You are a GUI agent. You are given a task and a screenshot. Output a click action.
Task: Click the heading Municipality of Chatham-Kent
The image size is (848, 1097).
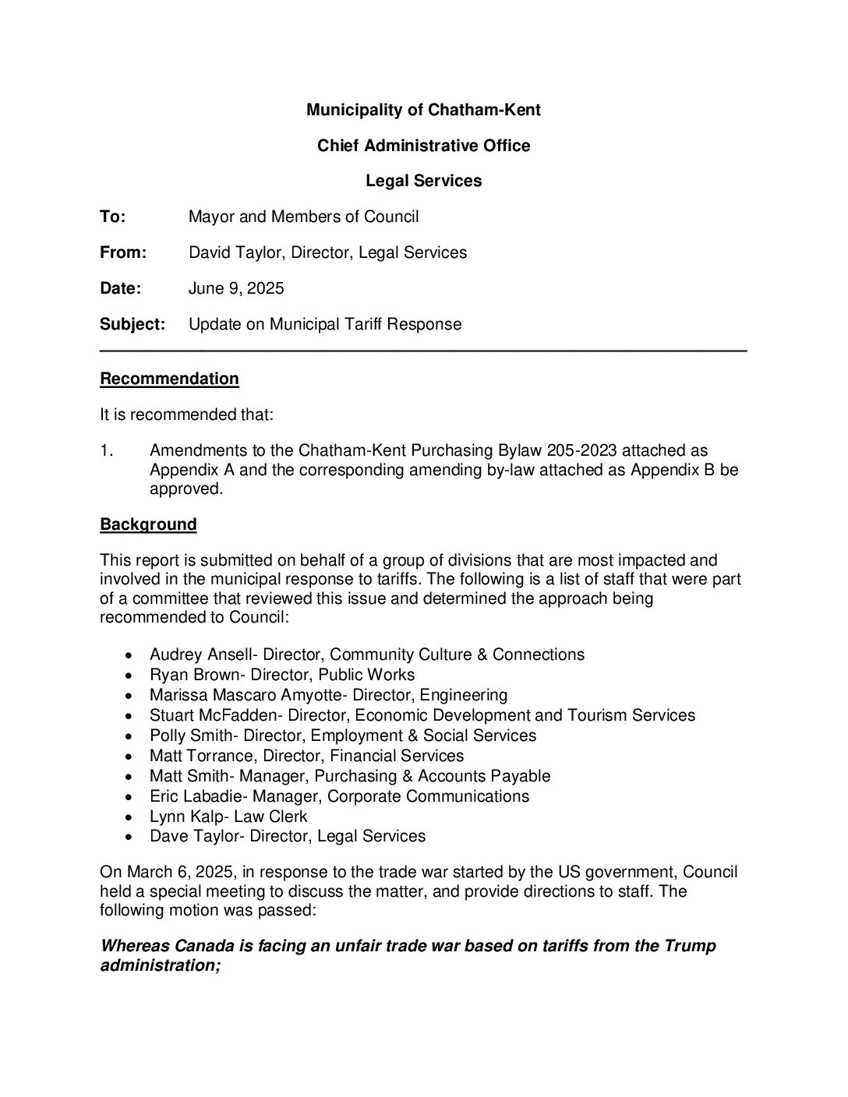[423, 110]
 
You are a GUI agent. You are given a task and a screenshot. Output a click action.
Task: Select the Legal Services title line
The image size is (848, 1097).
[423, 181]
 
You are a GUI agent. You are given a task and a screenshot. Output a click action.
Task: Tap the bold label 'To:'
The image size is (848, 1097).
[112, 217]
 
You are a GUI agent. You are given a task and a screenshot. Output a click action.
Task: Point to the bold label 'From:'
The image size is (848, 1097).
[123, 252]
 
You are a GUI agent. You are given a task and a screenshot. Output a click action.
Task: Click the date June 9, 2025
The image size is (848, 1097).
[236, 288]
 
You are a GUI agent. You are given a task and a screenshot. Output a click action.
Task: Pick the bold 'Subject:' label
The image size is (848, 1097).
[132, 324]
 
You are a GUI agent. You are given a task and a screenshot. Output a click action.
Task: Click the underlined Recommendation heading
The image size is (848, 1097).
[169, 379]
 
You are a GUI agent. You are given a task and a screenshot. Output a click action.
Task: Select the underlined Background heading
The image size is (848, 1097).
[148, 524]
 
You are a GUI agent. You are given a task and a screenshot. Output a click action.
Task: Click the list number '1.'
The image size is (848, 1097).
[107, 450]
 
